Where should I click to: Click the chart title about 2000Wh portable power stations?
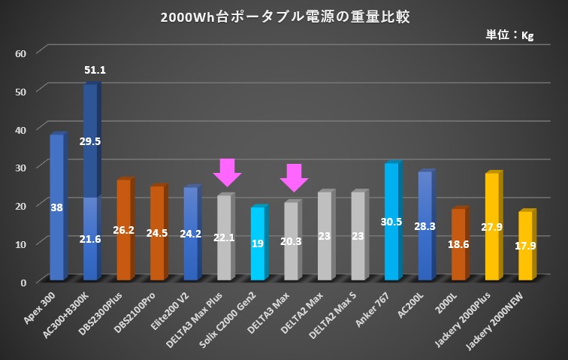[x=285, y=17]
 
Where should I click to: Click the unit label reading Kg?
[x=512, y=35]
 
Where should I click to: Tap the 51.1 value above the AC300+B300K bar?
[x=95, y=70]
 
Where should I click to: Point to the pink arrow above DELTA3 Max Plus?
[x=226, y=173]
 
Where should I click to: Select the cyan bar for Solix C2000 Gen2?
[x=258, y=244]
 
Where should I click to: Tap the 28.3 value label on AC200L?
[x=425, y=224]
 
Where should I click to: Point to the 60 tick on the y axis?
[x=21, y=53]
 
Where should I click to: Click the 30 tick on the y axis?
[x=21, y=167]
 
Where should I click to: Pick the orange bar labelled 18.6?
[x=458, y=244]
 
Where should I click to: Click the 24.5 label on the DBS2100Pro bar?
[x=157, y=234]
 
